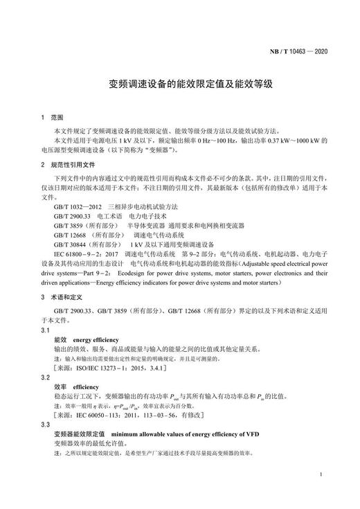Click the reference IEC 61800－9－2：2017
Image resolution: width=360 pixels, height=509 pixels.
pos(87,255)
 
